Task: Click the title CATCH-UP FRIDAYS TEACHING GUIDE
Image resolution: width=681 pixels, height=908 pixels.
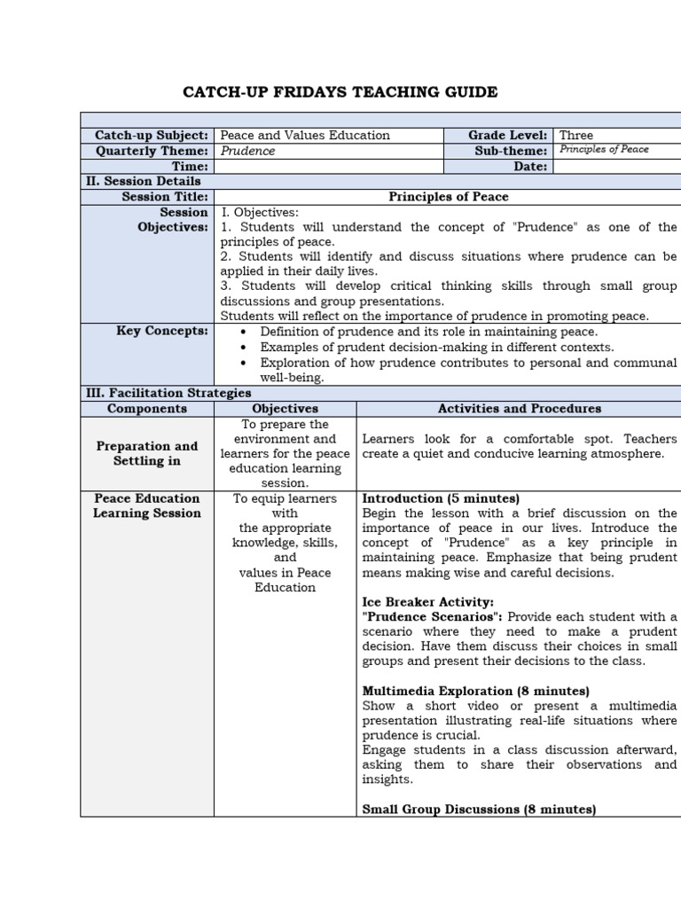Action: [x=340, y=92]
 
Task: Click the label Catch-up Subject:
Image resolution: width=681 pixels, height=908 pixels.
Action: [x=152, y=135]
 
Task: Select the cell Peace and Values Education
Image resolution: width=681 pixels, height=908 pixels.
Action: [x=305, y=135]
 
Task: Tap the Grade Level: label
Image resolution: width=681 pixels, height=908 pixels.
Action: [x=507, y=135]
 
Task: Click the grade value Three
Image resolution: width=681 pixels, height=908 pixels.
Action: [x=576, y=135]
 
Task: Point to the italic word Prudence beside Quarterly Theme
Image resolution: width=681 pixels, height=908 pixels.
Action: [x=247, y=151]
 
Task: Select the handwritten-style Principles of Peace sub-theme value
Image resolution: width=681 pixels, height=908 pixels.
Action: [x=604, y=150]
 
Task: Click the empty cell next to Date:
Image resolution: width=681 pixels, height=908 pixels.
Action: [x=615, y=166]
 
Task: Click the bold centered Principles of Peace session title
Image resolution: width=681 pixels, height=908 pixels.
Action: [x=449, y=197]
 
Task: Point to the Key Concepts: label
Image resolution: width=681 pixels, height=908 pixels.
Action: [x=162, y=331]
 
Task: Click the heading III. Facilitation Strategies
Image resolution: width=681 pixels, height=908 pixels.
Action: [x=168, y=393]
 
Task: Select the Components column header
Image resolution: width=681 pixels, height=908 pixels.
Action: [x=147, y=409]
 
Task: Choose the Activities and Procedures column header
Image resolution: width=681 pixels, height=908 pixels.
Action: [x=519, y=409]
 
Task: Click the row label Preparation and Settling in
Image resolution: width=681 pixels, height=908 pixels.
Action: [x=147, y=453]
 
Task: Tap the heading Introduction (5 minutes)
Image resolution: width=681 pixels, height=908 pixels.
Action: [x=441, y=498]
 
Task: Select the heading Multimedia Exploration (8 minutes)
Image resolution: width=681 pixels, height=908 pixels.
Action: [x=475, y=691]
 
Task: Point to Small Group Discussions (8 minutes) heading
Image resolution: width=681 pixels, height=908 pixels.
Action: [x=479, y=809]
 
